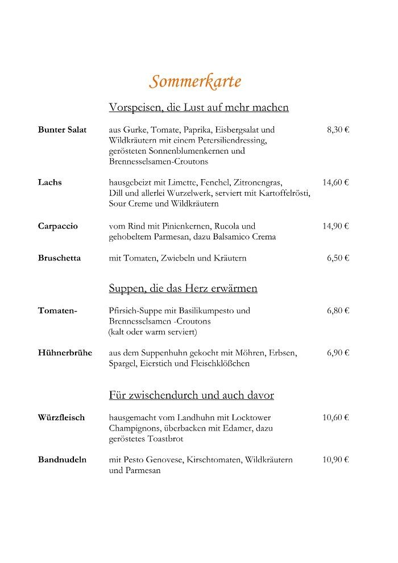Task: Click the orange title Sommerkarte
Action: coord(195,82)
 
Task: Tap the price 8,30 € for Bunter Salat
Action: coord(338,130)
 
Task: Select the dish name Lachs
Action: coord(50,183)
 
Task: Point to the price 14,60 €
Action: coord(335,183)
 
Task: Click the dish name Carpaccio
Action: coord(58,226)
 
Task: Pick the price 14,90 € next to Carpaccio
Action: coord(335,226)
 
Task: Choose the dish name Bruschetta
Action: coord(60,258)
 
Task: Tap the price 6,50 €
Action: coord(338,258)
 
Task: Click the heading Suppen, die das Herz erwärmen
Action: coord(183,289)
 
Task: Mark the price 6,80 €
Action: coord(338,311)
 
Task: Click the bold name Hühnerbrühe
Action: coord(65,353)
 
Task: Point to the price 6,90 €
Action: coord(338,353)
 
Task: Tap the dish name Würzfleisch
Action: coord(61,417)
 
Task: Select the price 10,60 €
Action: coord(335,417)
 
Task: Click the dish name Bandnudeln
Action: coord(63,459)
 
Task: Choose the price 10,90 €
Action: coord(335,459)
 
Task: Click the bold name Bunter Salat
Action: coord(63,130)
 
